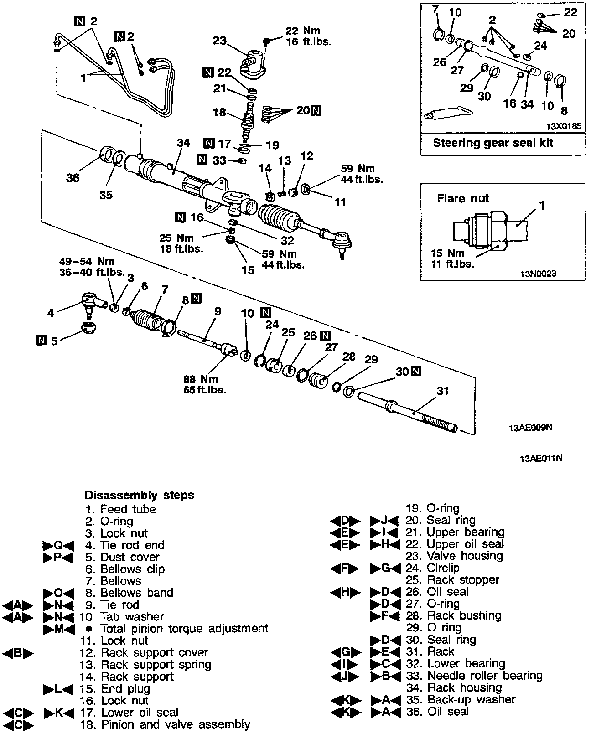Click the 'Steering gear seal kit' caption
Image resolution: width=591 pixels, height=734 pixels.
click(x=493, y=143)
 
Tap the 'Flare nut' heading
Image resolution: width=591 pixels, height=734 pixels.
click(x=462, y=198)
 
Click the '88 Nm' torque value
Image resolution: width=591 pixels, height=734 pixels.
click(x=200, y=379)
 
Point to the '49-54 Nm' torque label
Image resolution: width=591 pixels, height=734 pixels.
click(x=87, y=262)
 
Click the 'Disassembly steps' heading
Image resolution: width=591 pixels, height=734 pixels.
click(x=139, y=495)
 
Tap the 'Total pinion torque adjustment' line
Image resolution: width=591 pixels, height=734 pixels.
click(x=184, y=628)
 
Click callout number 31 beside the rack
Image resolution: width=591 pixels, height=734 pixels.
click(x=442, y=391)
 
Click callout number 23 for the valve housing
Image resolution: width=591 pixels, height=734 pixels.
click(x=220, y=41)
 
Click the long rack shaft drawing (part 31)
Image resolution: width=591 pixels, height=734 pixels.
click(x=406, y=410)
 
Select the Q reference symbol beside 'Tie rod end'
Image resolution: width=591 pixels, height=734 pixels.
click(x=57, y=545)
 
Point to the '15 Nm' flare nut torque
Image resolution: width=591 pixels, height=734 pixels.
click(x=448, y=253)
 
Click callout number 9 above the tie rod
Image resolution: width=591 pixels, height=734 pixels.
click(x=218, y=311)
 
